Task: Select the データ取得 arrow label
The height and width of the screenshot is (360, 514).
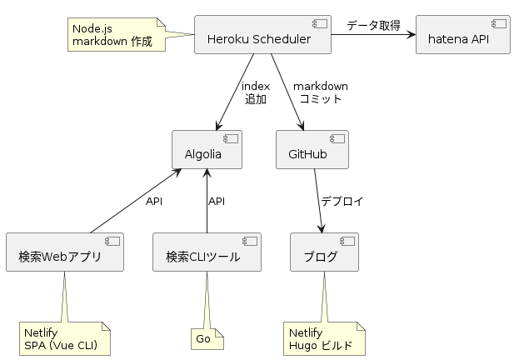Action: (x=372, y=25)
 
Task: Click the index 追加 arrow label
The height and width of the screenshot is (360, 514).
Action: (x=255, y=92)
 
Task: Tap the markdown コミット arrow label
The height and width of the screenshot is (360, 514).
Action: (x=320, y=92)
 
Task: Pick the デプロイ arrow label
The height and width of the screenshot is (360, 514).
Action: (x=342, y=201)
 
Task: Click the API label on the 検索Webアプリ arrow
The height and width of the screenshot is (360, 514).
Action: (x=154, y=201)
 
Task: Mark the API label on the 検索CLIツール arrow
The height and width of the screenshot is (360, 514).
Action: (x=217, y=201)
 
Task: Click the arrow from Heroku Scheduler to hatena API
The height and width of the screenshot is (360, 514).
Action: (x=372, y=35)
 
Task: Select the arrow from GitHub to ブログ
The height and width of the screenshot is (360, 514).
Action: (x=318, y=200)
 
